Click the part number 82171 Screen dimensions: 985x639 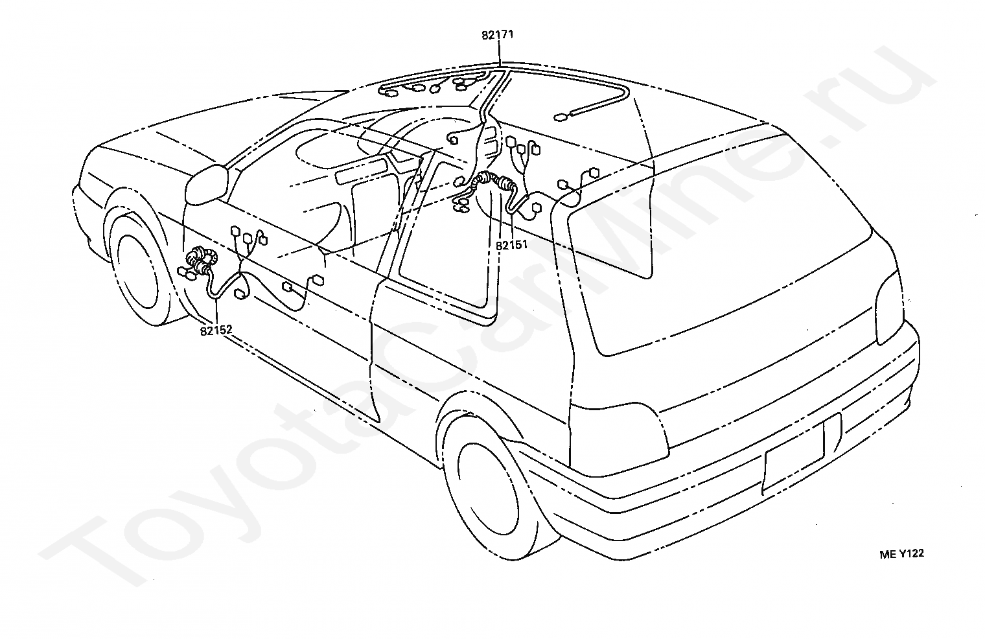pyautogui.click(x=497, y=35)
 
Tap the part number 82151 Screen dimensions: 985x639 pyautogui.click(x=511, y=246)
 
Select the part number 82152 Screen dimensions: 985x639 pyautogui.click(x=216, y=330)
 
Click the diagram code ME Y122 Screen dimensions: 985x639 pyautogui.click(x=901, y=553)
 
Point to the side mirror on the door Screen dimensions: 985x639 pyautogui.click(x=206, y=184)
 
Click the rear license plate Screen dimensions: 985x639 pyautogui.click(x=802, y=453)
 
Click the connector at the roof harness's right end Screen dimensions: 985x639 pyautogui.click(x=561, y=118)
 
